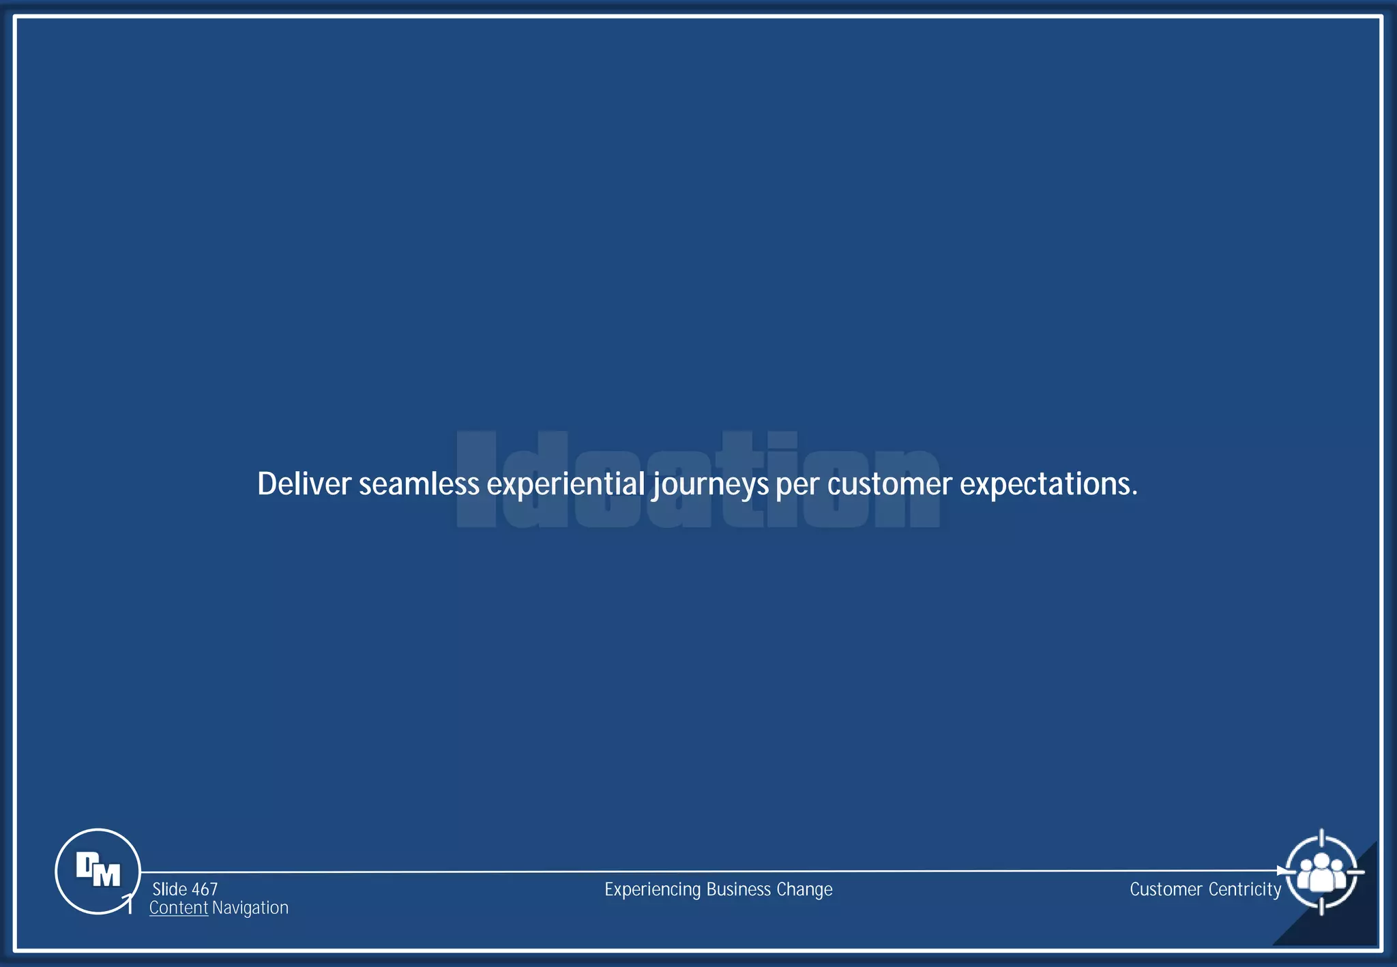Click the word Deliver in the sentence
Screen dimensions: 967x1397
[x=304, y=484]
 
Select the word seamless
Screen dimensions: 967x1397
[x=419, y=484]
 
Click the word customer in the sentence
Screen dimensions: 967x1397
[x=889, y=484]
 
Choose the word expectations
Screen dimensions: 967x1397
[x=1048, y=484]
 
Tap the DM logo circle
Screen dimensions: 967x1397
[x=98, y=871]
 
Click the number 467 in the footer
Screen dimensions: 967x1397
[x=205, y=889]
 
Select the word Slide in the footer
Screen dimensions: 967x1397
[x=169, y=889]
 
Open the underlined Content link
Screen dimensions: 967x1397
[x=179, y=908]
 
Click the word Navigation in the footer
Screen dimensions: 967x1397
[x=250, y=908]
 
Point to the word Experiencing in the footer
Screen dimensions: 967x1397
[x=653, y=890]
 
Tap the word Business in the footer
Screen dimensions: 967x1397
[x=739, y=889]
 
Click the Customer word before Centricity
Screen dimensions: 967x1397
[x=1166, y=889]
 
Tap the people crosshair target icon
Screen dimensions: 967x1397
[x=1321, y=872]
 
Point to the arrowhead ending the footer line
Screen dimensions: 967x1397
[x=1281, y=871]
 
